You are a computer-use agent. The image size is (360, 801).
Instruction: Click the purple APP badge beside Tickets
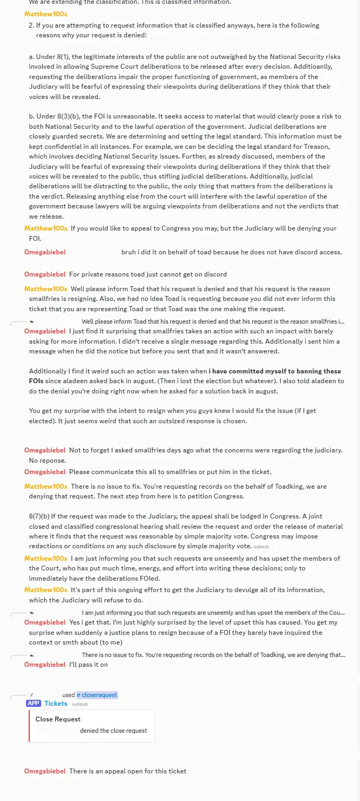[34, 704]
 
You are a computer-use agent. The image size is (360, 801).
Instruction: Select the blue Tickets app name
[56, 704]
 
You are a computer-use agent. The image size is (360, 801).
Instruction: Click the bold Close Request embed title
[58, 719]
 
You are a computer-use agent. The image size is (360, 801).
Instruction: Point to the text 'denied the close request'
[114, 731]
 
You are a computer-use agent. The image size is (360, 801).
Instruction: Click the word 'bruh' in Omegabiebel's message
[129, 252]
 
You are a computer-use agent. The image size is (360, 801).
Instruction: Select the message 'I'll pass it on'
[88, 665]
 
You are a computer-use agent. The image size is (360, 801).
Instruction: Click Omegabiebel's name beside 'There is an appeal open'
[45, 771]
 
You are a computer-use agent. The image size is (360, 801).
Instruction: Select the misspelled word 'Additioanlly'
[309, 67]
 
